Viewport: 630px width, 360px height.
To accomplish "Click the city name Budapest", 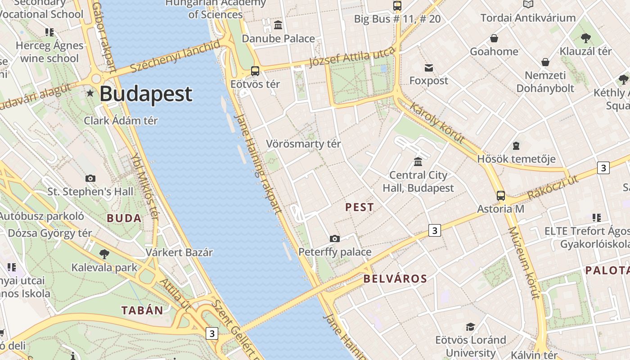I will tap(146, 94).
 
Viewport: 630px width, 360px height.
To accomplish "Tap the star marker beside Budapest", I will tap(90, 93).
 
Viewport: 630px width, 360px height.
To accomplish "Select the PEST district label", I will tap(359, 207).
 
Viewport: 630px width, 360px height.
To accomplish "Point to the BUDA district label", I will tap(124, 219).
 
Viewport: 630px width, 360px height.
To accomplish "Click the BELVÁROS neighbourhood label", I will tap(395, 279).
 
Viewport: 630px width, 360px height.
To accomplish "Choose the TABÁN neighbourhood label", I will tap(142, 310).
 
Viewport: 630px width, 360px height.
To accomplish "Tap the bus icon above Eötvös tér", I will tap(255, 71).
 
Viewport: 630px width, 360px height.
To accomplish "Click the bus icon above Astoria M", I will tap(500, 196).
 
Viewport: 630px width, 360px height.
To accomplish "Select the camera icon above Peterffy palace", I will tap(334, 238).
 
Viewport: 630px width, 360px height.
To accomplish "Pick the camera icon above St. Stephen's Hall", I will tap(90, 178).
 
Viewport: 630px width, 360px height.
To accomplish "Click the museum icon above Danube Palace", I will tap(278, 25).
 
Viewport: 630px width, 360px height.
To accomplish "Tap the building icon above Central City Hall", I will tap(418, 162).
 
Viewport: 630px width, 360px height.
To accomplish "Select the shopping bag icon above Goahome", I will tap(494, 38).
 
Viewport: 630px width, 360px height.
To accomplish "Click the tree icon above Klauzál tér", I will tap(585, 38).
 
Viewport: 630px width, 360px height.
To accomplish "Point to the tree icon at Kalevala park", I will tap(104, 254).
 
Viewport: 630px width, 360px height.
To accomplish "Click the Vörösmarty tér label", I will tap(303, 144).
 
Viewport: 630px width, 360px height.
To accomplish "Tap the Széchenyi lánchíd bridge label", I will tap(175, 57).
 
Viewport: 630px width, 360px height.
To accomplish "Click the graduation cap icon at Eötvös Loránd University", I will tap(470, 327).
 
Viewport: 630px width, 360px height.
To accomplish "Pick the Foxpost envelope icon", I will tap(428, 68).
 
